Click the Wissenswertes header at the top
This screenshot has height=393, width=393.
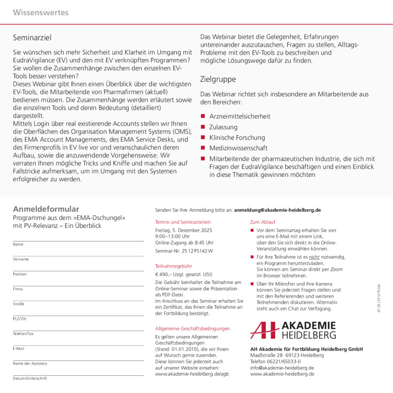coord(41,13)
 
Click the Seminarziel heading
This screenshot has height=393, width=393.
coord(32,37)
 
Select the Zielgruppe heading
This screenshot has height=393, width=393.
coord(218,79)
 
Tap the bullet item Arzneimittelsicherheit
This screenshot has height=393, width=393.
coord(239,116)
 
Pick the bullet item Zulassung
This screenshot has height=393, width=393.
coord(224,127)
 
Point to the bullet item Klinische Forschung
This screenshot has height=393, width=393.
coord(237,138)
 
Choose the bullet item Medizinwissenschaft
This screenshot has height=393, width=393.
coord(238,148)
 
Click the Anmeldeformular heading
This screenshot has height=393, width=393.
coord(46,209)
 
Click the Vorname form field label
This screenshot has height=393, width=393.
coord(21,259)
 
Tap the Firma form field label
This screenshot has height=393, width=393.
coord(18,289)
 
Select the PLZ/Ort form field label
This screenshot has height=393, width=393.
coord(20,319)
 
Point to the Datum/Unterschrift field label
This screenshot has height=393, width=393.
coord(30,378)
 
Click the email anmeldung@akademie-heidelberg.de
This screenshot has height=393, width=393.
coord(278,210)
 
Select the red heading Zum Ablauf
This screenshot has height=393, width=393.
coord(263,222)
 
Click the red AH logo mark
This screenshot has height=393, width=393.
coord(264,330)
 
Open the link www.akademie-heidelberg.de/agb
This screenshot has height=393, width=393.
coord(192,374)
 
